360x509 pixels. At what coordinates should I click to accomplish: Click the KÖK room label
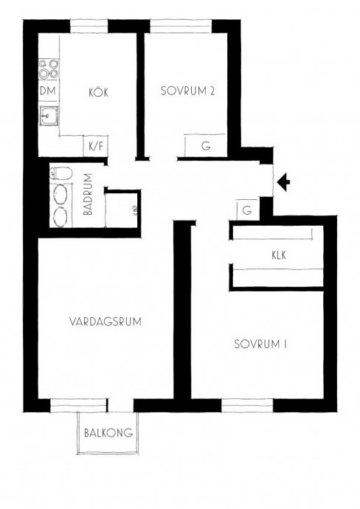tap(98, 92)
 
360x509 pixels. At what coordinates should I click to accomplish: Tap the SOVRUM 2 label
tap(188, 91)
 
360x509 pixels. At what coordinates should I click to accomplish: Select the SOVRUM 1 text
tap(260, 344)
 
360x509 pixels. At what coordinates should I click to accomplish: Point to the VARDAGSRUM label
tap(105, 322)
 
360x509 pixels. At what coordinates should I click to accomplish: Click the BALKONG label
tap(108, 433)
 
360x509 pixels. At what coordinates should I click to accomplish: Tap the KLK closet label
tap(279, 255)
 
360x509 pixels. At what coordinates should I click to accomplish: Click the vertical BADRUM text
tap(88, 194)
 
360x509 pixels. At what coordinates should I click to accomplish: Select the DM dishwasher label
tap(48, 91)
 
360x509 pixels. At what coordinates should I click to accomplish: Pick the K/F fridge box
tap(96, 146)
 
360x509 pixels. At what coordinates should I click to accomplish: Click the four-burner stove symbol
tap(49, 69)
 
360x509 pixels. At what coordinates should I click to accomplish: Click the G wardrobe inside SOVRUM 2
tap(205, 146)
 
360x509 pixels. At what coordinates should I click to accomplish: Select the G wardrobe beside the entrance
tap(248, 210)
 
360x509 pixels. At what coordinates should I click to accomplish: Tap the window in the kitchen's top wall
tap(89, 27)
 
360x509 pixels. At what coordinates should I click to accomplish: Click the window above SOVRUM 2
tap(181, 27)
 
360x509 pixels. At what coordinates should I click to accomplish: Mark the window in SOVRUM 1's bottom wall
tap(247, 406)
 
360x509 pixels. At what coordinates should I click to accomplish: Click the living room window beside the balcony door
tap(79, 406)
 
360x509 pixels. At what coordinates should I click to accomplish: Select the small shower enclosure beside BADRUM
tap(122, 210)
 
